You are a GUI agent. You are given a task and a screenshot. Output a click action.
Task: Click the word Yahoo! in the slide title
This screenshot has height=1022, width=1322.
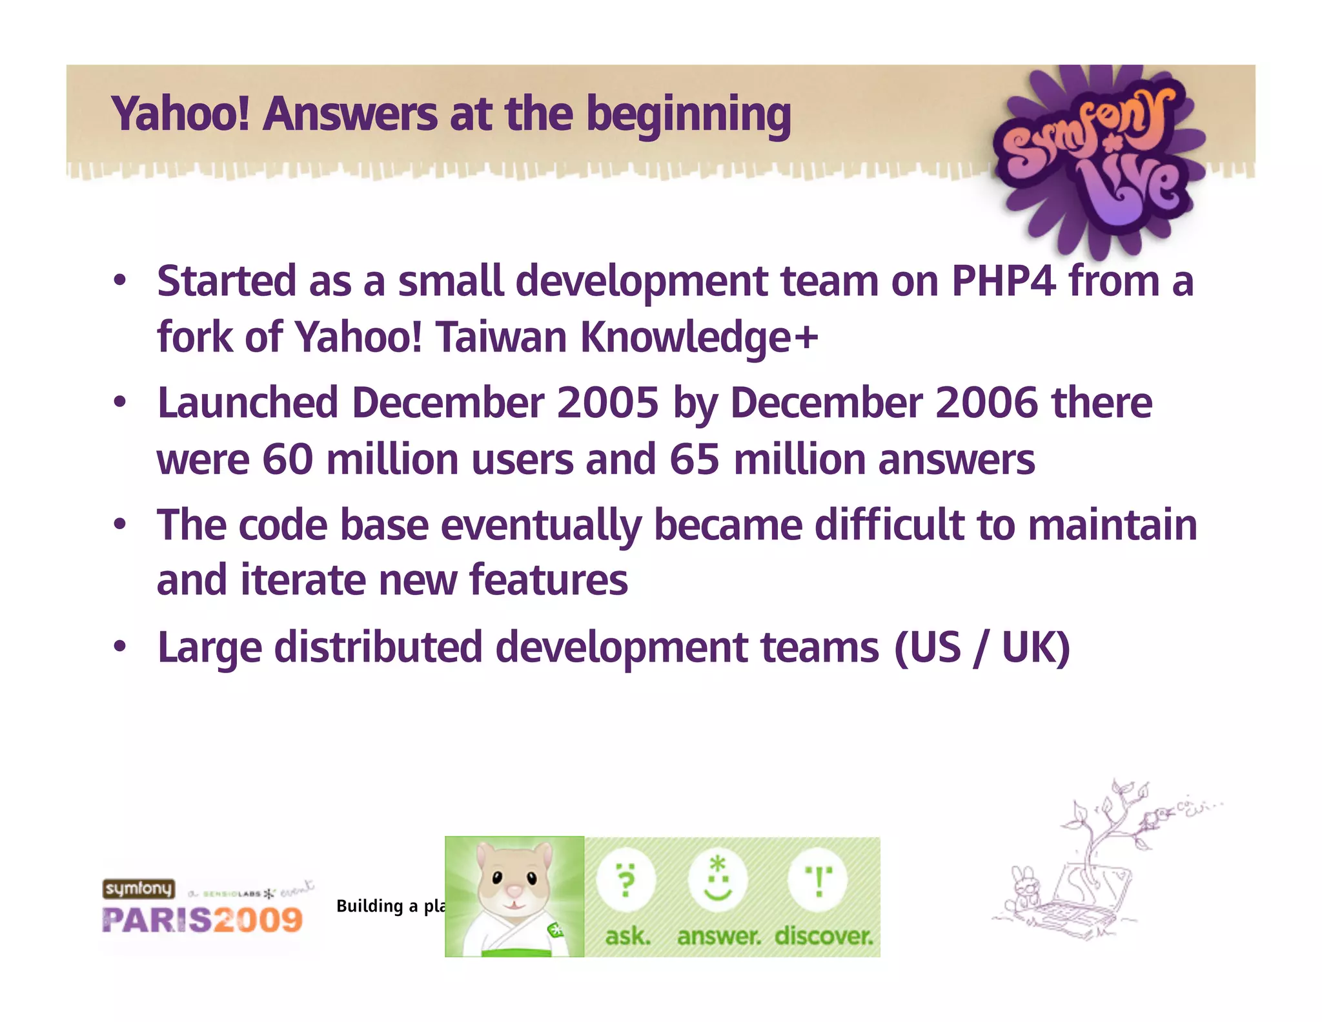(181, 114)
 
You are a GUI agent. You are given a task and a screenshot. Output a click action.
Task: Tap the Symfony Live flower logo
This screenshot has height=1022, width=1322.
(1097, 158)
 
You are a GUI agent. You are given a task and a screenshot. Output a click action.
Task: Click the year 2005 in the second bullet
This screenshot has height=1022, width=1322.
(607, 403)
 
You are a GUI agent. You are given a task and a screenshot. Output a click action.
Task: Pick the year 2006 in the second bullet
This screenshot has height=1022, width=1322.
(986, 403)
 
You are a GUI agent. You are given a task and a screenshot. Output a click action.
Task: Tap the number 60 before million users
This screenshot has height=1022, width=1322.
(288, 460)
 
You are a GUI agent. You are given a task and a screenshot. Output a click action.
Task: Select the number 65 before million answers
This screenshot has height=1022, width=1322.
(695, 460)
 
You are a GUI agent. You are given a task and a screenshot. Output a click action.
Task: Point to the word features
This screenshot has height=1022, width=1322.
(548, 580)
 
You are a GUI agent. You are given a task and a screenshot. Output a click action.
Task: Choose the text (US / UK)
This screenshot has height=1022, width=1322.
(982, 647)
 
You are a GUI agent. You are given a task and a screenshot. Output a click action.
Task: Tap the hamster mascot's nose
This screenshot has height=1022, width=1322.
(514, 892)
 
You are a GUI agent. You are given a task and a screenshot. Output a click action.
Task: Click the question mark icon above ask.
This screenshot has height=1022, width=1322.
(625, 880)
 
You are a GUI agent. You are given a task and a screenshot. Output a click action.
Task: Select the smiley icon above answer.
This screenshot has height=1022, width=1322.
(717, 880)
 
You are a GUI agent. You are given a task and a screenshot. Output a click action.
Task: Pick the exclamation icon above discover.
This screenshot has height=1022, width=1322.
(818, 880)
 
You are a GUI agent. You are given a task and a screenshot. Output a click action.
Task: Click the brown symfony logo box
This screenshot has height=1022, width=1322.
(139, 889)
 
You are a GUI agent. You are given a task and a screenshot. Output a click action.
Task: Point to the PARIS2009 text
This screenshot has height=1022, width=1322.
(202, 920)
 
